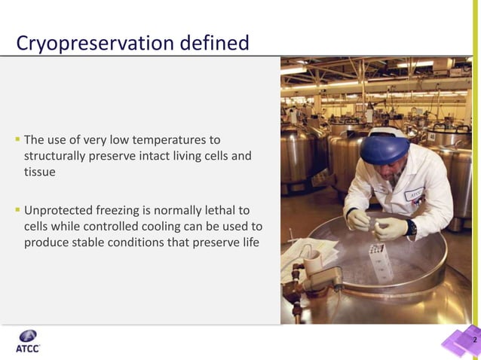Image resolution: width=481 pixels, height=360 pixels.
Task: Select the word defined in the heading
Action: (214, 44)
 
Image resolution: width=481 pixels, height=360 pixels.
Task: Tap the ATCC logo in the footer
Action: (28, 341)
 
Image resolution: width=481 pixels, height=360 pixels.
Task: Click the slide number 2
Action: (474, 341)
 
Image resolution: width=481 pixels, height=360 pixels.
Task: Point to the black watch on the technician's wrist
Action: (412, 226)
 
